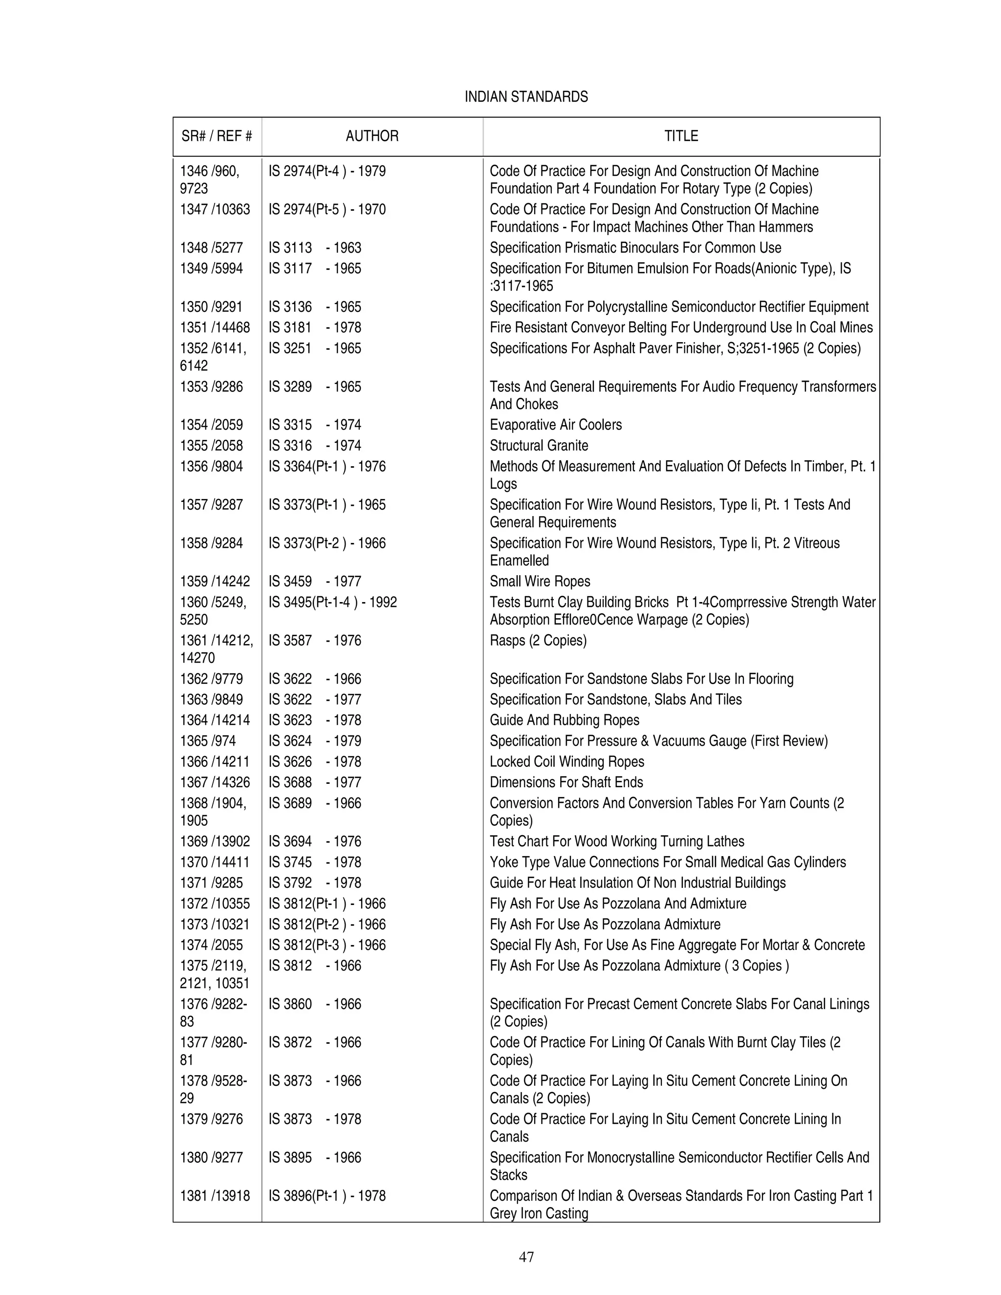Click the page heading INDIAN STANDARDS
click(526, 97)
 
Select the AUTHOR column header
click(372, 136)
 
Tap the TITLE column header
click(681, 136)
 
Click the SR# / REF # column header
click(217, 136)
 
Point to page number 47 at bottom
click(526, 1256)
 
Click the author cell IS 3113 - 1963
click(314, 248)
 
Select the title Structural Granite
click(539, 445)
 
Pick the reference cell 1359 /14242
click(215, 581)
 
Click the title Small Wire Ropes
click(540, 581)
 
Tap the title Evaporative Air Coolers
click(555, 425)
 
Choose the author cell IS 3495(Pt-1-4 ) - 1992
click(332, 602)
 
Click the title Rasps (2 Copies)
click(537, 640)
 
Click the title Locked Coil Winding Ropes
click(566, 761)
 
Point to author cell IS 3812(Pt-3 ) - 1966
click(327, 945)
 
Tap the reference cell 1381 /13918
click(215, 1195)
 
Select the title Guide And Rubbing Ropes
click(564, 720)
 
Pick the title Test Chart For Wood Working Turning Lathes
click(617, 842)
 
